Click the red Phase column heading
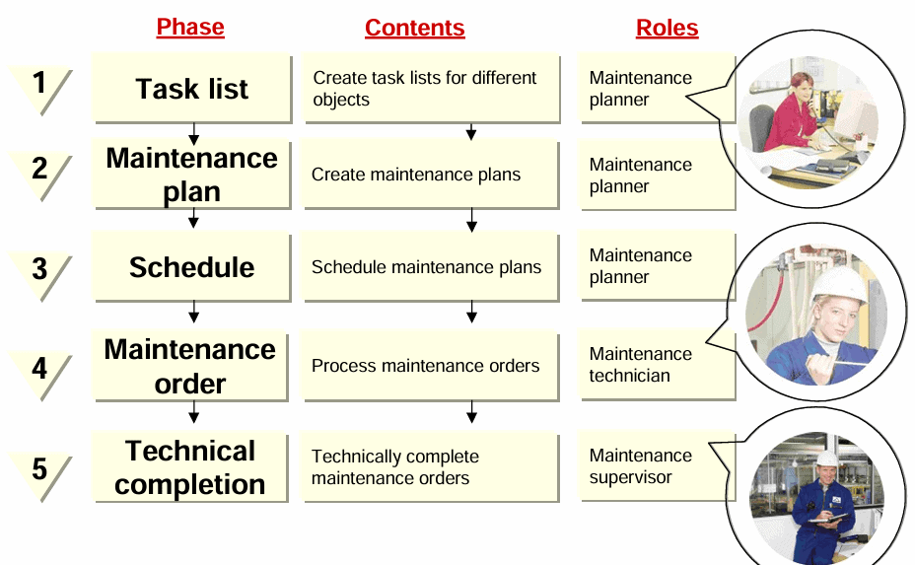click(x=190, y=28)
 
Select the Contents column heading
click(x=414, y=28)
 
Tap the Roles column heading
click(x=667, y=28)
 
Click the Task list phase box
click(x=191, y=89)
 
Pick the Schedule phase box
click(x=191, y=267)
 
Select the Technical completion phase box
click(x=191, y=467)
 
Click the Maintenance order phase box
click(x=191, y=366)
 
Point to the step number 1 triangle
click(x=40, y=86)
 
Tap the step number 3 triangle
click(x=40, y=270)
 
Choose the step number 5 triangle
click(x=40, y=470)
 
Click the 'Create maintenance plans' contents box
click(x=431, y=175)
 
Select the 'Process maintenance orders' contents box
click(x=431, y=366)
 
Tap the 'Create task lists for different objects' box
click(x=431, y=89)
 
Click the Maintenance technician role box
click(x=656, y=365)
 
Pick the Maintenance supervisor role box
click(x=656, y=466)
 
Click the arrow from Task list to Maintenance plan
click(x=193, y=132)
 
